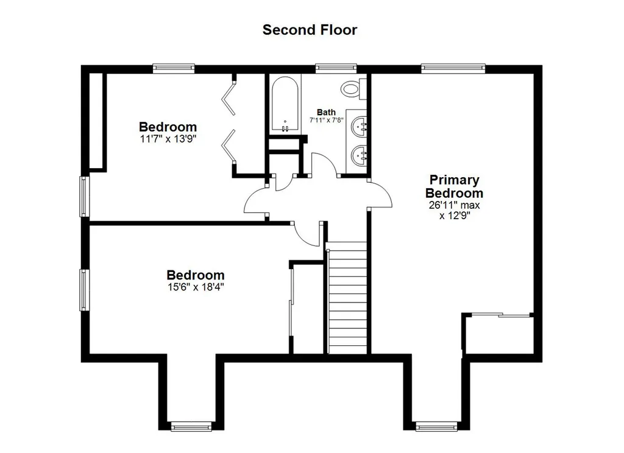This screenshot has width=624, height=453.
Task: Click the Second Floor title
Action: point(310,30)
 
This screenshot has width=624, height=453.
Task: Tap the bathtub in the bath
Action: point(285,104)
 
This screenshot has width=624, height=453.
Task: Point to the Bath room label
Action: point(326,112)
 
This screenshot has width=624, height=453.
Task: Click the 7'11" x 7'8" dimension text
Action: point(327,120)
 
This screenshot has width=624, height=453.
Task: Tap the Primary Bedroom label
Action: point(454,186)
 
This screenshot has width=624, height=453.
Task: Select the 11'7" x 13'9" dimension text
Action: point(168,139)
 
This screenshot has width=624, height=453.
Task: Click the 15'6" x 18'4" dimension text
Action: point(196,287)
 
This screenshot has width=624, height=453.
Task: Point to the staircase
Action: point(347,298)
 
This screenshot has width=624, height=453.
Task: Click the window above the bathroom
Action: point(336,68)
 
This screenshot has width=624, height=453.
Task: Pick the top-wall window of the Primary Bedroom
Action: point(453,68)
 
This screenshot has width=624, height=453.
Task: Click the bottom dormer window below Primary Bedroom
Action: point(436,427)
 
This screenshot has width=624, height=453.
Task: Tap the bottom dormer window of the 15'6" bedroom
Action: point(191,427)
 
